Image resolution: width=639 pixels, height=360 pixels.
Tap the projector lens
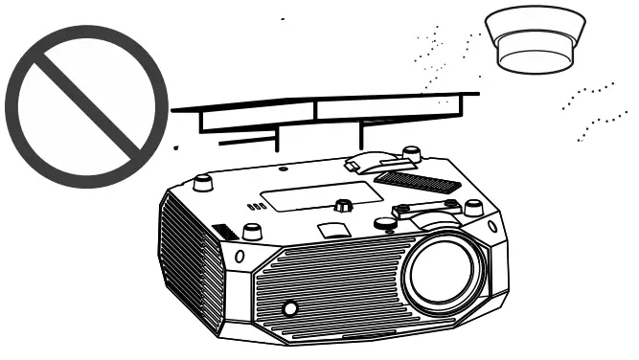[443, 277]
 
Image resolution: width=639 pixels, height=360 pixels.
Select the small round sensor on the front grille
[289, 308]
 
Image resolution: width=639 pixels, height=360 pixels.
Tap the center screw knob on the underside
[342, 204]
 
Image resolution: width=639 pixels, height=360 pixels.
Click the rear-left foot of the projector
[203, 181]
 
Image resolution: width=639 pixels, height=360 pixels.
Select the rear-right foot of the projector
[412, 153]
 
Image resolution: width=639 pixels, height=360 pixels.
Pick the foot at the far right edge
[472, 208]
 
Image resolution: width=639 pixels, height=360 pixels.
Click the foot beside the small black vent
[252, 231]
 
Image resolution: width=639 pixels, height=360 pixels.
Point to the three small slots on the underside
[255, 206]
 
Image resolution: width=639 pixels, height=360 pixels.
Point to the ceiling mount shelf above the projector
[326, 107]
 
